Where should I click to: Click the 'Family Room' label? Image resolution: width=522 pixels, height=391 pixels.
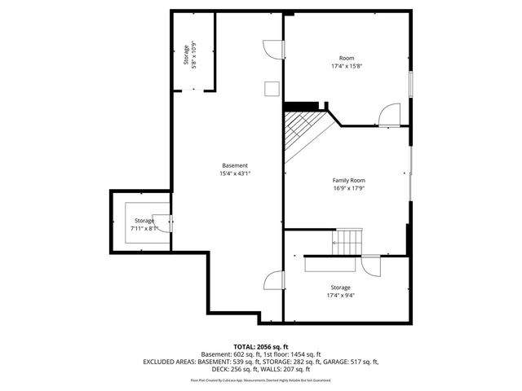coord(348,180)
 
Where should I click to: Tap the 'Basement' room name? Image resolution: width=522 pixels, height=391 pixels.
coord(234,165)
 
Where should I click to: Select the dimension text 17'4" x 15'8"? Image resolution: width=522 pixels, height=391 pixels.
coord(347,66)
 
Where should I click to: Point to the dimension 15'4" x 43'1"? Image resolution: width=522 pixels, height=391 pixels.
coord(234,174)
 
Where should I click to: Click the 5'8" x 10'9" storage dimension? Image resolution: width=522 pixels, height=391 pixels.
coord(194,55)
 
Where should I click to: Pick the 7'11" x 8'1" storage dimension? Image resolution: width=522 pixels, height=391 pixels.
coord(144,229)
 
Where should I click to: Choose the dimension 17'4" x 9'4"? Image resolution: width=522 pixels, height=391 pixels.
coord(340,296)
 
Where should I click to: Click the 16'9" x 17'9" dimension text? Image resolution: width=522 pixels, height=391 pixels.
coord(348,188)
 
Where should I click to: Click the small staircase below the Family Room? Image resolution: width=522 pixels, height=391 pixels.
coord(348,240)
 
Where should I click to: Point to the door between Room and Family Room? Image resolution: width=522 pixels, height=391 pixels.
coord(391,116)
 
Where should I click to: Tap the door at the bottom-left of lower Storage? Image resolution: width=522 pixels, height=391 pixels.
coord(272,282)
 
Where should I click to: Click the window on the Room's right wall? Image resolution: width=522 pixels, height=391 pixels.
coord(410,85)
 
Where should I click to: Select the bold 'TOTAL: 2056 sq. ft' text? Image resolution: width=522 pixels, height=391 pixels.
coord(261,346)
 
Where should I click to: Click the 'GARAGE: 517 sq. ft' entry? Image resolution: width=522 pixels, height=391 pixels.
coord(352,360)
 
